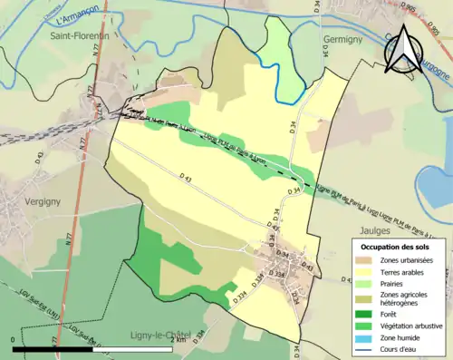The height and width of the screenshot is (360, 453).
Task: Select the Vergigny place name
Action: (x=43, y=177)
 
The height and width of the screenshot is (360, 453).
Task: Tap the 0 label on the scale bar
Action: (x=13, y=338)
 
